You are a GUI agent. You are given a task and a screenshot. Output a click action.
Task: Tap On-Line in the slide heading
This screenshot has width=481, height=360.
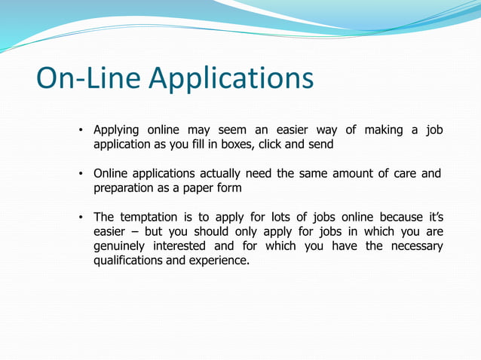tap(89, 78)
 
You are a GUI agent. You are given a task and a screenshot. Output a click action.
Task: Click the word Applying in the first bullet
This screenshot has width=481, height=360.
tap(117, 130)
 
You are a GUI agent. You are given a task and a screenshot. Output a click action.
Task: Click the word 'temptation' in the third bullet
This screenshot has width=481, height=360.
tap(152, 218)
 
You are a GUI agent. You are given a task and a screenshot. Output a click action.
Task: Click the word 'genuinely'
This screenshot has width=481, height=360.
tap(120, 246)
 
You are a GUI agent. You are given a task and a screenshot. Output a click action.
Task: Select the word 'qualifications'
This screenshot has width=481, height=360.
tap(130, 261)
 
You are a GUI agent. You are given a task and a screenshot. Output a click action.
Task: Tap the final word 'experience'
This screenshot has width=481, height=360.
tap(222, 261)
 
